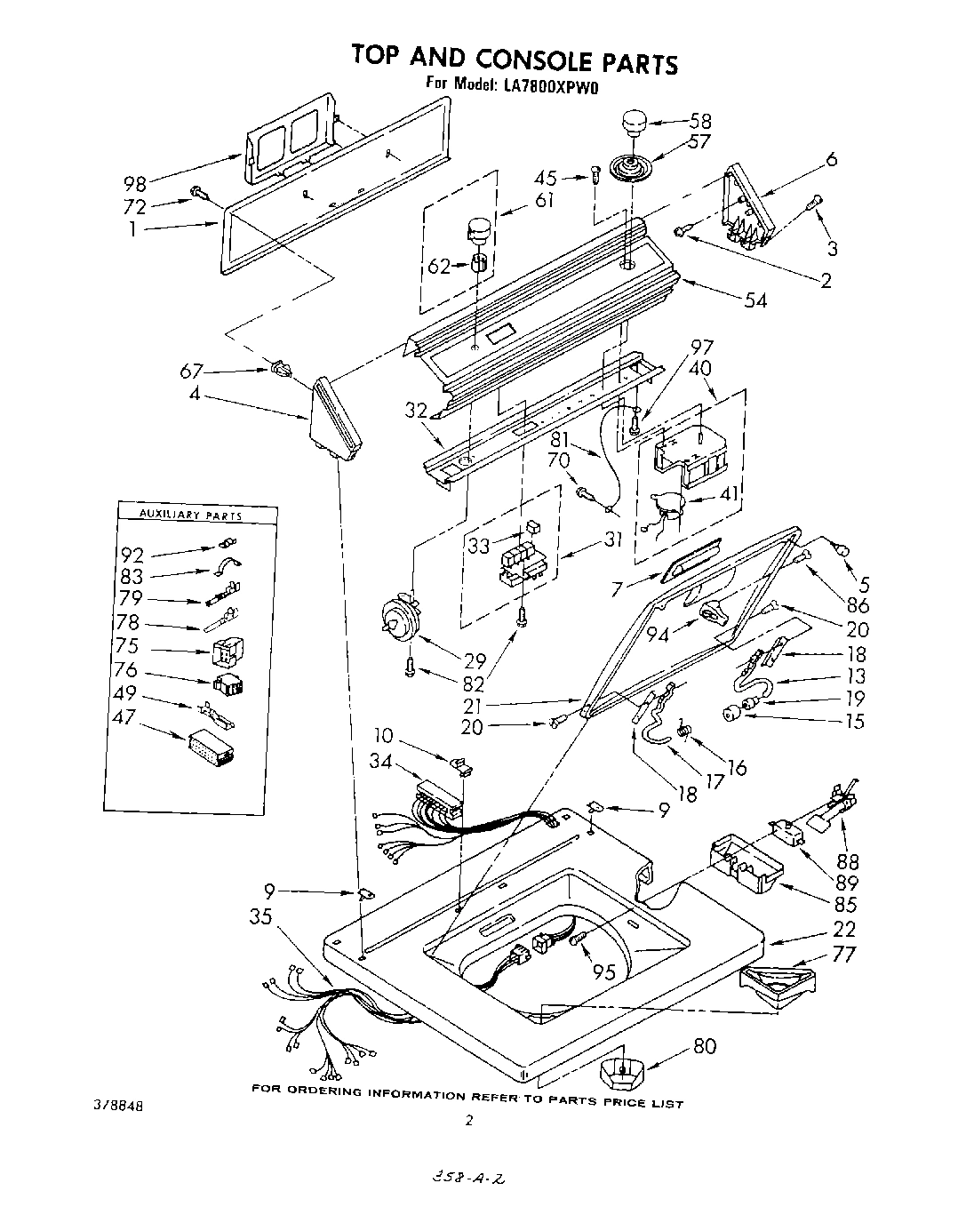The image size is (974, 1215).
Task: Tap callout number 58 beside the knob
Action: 700,121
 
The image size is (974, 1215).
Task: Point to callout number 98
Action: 136,184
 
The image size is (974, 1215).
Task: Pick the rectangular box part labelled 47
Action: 212,748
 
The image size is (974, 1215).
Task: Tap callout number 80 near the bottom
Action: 704,1046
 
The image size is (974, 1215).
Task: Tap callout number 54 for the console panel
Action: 754,300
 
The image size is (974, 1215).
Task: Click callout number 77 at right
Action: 844,955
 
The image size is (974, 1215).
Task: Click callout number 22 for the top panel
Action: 844,929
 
